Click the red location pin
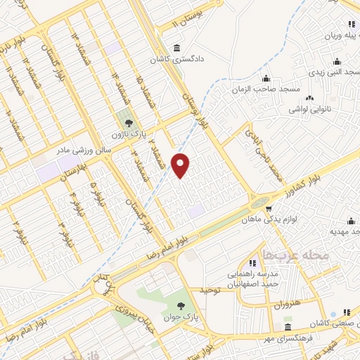181,165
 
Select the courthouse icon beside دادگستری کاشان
175,48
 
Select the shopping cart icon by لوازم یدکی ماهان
269,208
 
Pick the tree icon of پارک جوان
183,305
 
